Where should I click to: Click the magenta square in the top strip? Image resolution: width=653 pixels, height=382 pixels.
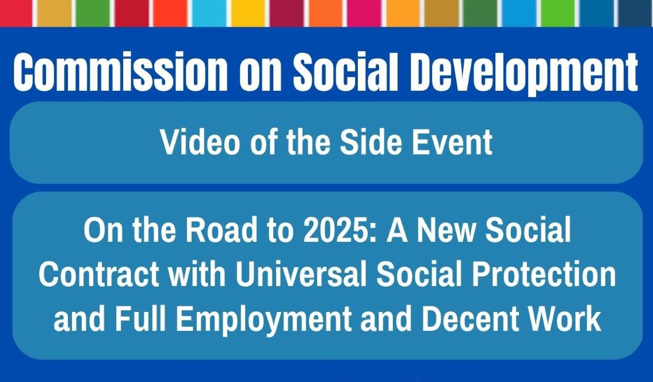364,13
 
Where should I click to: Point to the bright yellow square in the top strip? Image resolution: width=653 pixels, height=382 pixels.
248,13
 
